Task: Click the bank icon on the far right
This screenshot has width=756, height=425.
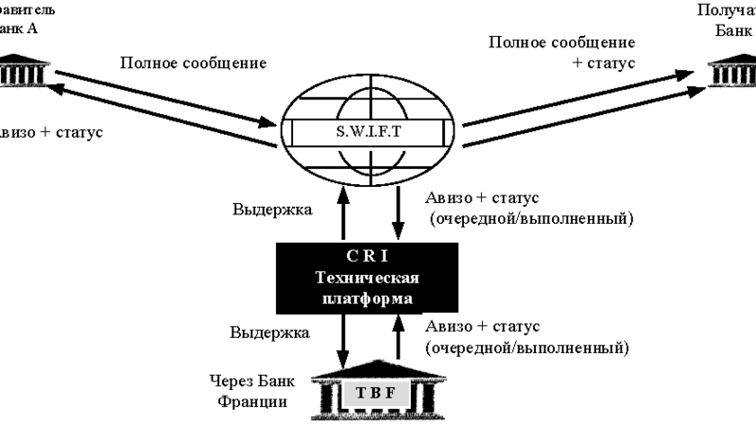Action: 734,70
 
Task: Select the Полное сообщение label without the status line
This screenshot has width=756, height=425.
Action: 193,64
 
